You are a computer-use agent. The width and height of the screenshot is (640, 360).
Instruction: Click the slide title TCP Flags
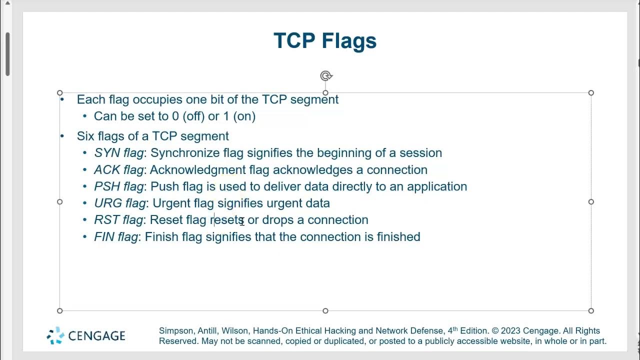pyautogui.click(x=325, y=41)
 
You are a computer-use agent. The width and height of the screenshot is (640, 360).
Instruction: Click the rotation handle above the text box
pyautogui.click(x=326, y=76)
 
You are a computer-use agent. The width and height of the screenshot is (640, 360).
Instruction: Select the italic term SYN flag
pyautogui.click(x=119, y=153)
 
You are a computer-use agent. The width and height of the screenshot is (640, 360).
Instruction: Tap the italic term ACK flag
pyautogui.click(x=118, y=170)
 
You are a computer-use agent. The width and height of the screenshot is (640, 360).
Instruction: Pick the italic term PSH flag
pyautogui.click(x=119, y=186)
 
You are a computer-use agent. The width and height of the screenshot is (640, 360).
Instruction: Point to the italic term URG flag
pyautogui.click(x=120, y=203)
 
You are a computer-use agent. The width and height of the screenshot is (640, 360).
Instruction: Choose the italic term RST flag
pyautogui.click(x=118, y=220)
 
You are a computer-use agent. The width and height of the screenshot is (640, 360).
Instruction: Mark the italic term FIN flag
pyautogui.click(x=116, y=237)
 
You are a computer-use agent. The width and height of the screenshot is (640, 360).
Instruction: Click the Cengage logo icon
pyautogui.click(x=55, y=335)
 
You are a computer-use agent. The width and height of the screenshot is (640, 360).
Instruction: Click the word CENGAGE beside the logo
pyautogui.click(x=96, y=336)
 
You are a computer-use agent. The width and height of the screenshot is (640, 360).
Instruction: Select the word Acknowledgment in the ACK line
pyautogui.click(x=197, y=170)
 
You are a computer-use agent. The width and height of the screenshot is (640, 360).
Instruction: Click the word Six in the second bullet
pyautogui.click(x=85, y=136)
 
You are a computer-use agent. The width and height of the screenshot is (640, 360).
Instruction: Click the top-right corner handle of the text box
pyautogui.click(x=591, y=93)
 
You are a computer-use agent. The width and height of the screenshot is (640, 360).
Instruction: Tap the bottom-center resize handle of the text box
pyautogui.click(x=325, y=310)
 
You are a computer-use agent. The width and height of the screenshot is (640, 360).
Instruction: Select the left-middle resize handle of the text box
pyautogui.click(x=60, y=201)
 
